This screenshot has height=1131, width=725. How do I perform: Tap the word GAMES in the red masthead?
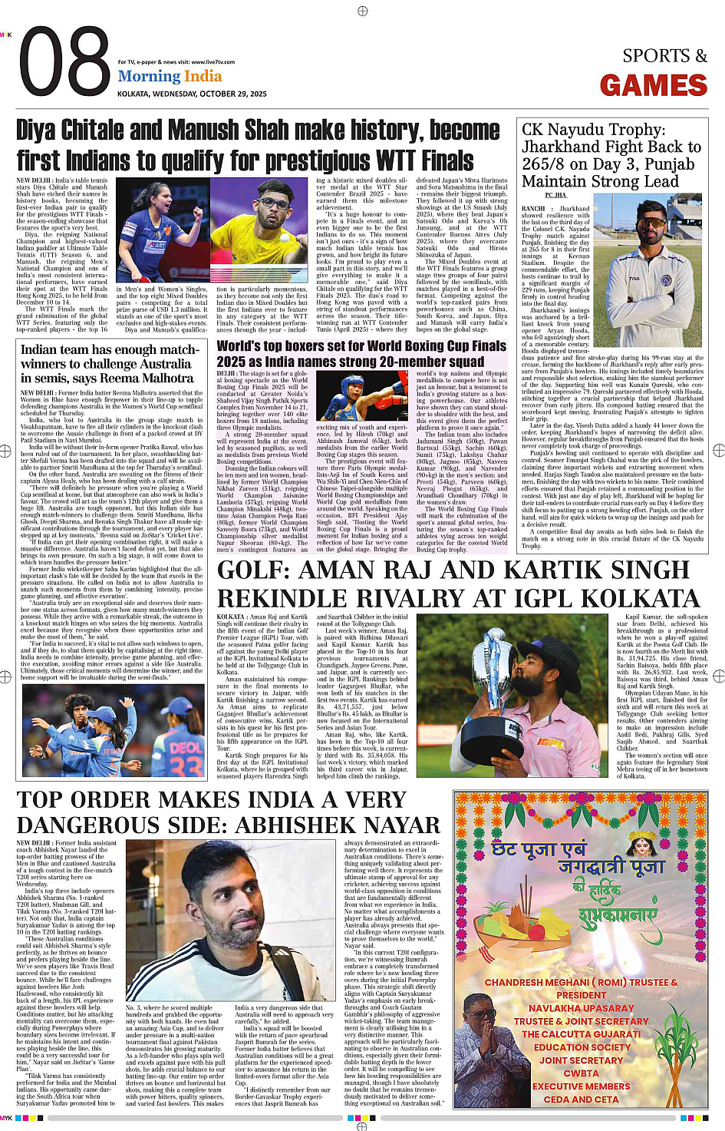(x=654, y=85)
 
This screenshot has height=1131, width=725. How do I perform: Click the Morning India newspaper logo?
(x=170, y=76)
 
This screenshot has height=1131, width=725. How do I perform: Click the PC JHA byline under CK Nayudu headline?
(x=556, y=195)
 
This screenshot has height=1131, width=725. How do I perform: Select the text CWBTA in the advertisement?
(x=582, y=1073)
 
